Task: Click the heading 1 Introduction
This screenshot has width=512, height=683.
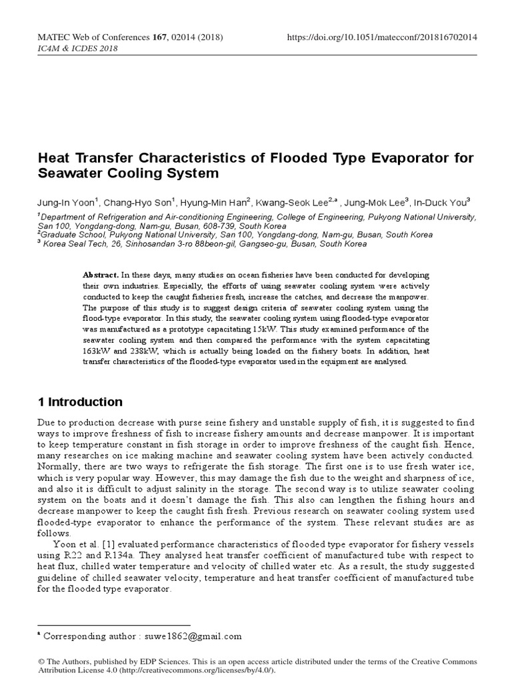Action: pyautogui.click(x=81, y=402)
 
